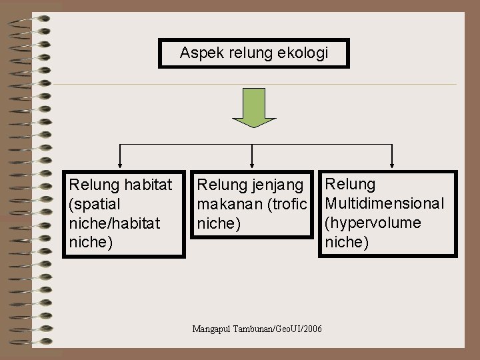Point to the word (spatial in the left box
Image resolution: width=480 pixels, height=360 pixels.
[95, 203]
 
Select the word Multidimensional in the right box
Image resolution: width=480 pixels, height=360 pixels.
[384, 203]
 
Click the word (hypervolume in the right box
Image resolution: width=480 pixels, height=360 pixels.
[373, 222]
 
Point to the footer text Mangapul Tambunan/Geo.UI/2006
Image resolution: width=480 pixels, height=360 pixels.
[257, 329]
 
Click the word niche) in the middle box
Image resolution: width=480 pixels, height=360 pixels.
[217, 222]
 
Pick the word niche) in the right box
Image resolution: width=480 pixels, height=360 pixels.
[347, 241]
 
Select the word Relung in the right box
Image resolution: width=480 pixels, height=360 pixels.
[350, 183]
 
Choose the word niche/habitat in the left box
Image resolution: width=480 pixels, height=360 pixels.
[114, 223]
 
